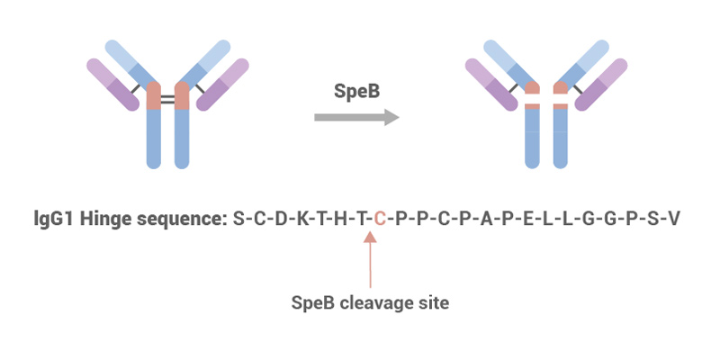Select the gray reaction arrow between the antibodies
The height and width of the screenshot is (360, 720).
356,117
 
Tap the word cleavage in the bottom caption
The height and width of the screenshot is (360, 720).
373,303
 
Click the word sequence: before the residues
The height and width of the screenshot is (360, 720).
184,218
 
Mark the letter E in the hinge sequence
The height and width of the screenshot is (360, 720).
526,218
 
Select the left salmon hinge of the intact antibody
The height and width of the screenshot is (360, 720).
153,96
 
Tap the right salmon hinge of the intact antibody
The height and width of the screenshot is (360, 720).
182,96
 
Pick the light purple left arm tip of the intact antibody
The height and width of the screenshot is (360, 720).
99,69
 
